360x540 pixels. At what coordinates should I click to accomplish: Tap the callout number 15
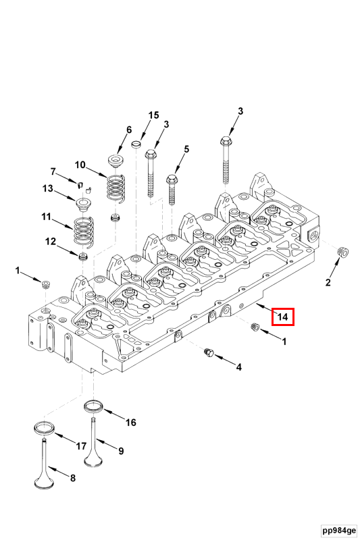click(x=153, y=115)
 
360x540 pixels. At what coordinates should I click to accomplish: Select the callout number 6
click(x=128, y=130)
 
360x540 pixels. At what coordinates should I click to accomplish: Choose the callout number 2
click(x=328, y=281)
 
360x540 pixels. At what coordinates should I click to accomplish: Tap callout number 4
click(x=238, y=367)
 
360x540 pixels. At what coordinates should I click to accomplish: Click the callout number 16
click(x=130, y=423)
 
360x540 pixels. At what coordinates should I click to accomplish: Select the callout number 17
click(x=80, y=446)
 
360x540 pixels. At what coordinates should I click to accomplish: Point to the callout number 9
click(x=121, y=451)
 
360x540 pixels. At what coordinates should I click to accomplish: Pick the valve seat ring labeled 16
click(x=93, y=406)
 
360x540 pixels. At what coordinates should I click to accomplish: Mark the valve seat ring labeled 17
click(x=45, y=428)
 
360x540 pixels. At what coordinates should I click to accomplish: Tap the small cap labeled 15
click(x=136, y=144)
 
